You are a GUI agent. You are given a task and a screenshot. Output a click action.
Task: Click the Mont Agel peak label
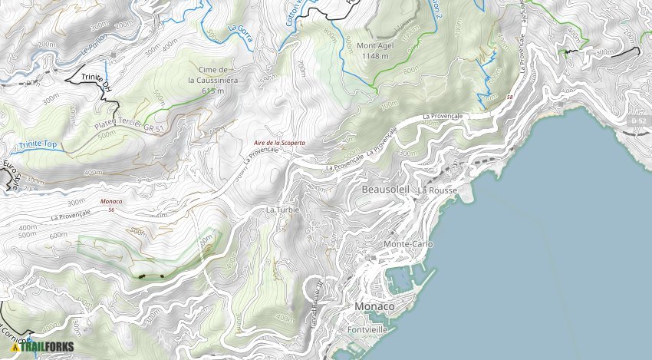tap(374, 50)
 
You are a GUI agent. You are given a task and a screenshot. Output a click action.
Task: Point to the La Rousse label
tap(437, 190)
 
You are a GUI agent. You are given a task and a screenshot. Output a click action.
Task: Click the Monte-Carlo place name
tap(408, 244)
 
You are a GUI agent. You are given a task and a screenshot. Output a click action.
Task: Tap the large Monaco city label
tap(374, 306)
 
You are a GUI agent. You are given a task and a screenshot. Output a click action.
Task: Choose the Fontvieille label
tap(365, 329)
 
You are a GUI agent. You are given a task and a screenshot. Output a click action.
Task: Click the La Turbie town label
tap(282, 210)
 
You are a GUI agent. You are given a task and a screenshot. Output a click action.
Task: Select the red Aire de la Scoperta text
tap(279, 143)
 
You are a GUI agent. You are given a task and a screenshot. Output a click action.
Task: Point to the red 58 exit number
tap(510, 97)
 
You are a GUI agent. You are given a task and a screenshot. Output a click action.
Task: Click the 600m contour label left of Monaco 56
tap(58, 235)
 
